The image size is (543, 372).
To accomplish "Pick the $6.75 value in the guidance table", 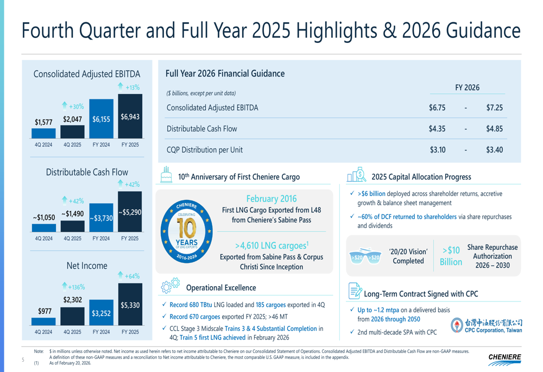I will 437,108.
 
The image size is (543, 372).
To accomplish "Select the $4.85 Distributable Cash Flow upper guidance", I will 494,129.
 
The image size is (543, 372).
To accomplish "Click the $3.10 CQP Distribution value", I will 438,149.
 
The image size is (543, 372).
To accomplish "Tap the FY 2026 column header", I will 467,87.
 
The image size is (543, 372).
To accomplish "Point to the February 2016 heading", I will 271,199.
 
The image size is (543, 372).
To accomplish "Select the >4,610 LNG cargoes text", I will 271,245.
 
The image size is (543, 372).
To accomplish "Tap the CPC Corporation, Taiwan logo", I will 487,326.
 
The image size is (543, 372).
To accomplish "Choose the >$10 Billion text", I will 451,256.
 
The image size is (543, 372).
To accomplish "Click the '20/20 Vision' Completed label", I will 408,256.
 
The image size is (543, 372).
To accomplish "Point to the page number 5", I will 23,360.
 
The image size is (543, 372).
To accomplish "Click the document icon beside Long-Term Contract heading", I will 354,292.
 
